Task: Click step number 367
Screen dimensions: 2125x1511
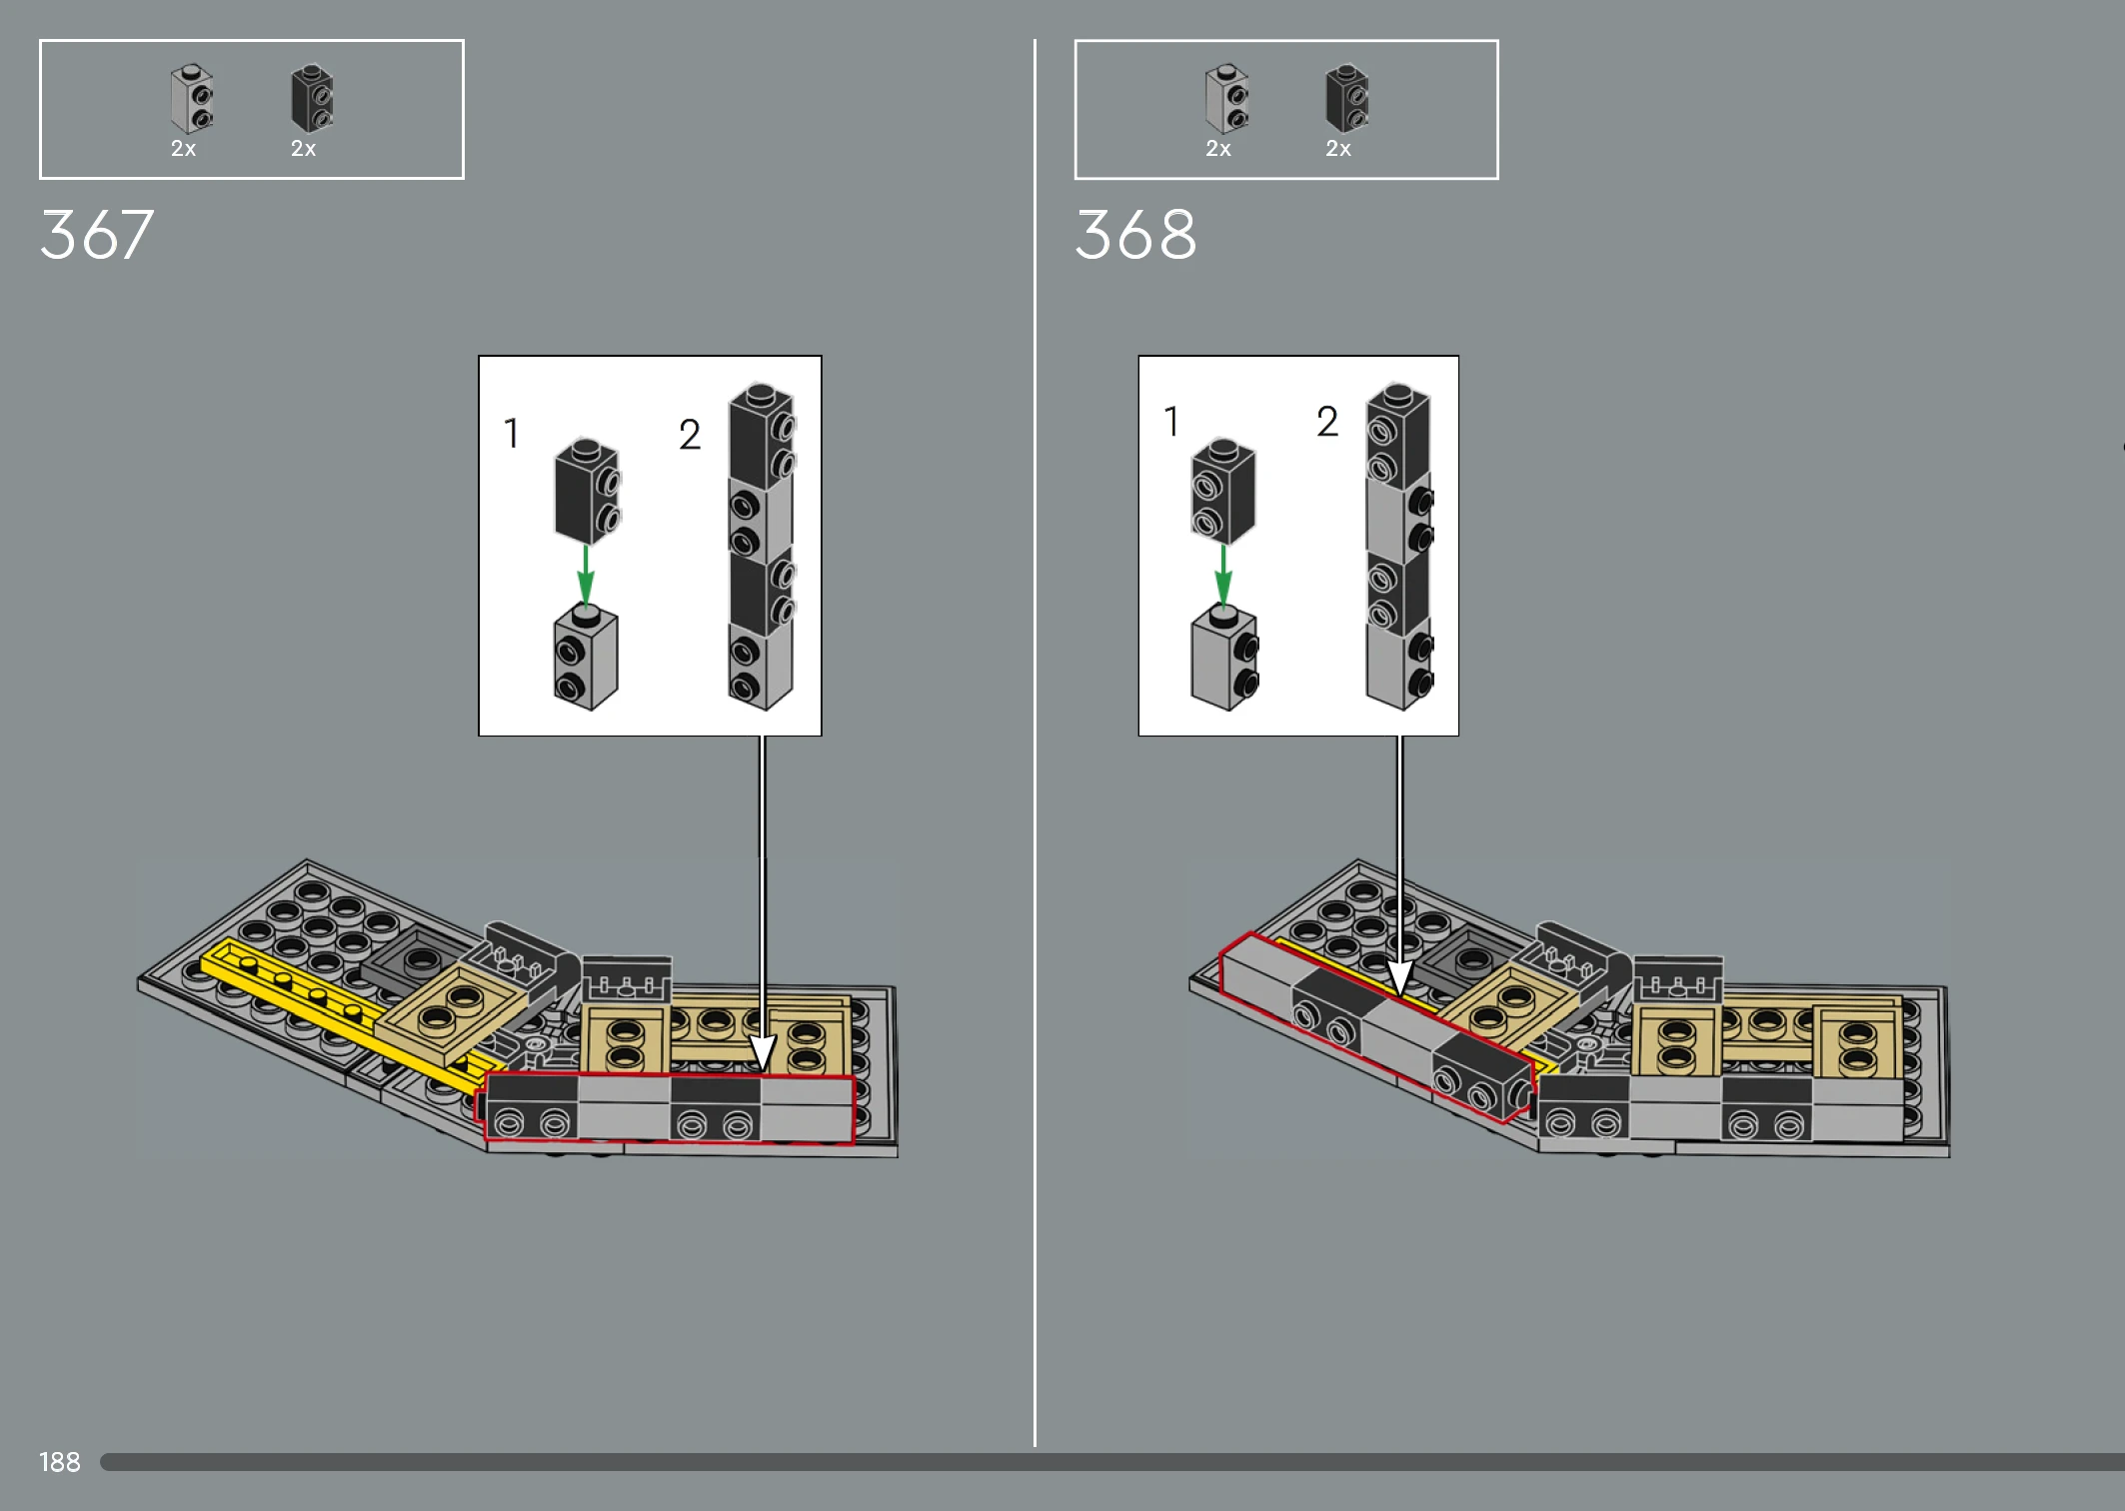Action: point(97,235)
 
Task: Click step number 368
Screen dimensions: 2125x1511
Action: point(1135,235)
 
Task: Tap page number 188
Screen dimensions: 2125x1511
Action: point(60,1462)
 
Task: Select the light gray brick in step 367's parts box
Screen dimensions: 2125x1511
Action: point(192,99)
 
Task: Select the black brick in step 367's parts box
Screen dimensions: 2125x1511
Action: point(312,99)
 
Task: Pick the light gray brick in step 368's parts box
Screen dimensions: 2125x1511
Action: point(1227,99)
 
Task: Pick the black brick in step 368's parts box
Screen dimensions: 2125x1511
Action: point(1347,99)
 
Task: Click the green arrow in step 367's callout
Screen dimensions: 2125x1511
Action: point(586,575)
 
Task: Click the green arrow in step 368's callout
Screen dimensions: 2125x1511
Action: point(1222,575)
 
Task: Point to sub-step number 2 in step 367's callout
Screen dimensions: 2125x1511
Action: point(690,434)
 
